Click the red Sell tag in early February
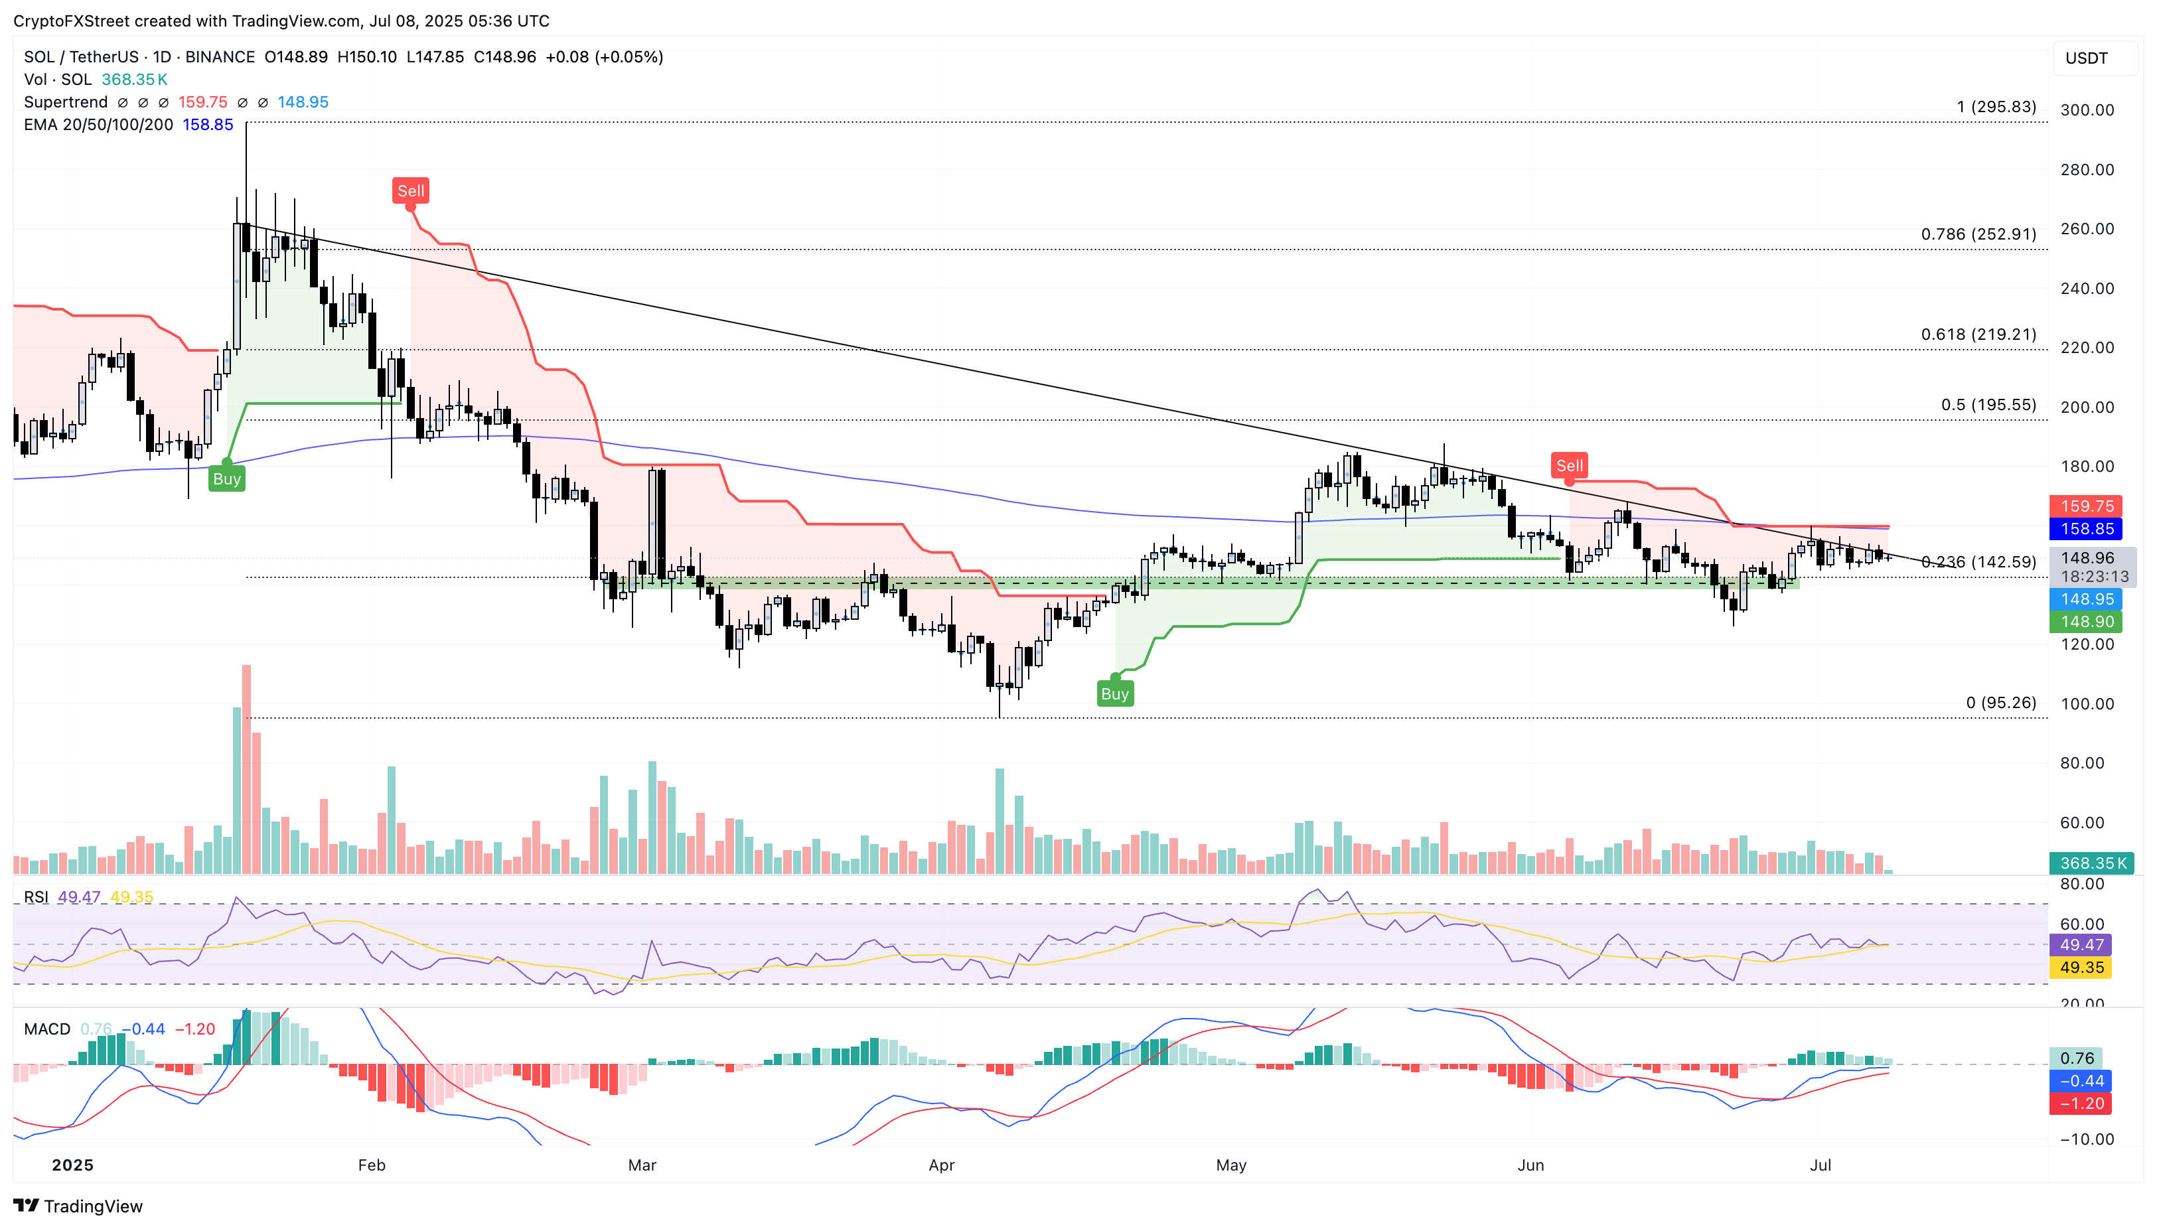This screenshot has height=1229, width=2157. (x=410, y=190)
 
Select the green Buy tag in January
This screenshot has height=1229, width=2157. (x=226, y=478)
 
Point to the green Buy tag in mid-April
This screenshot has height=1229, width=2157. (x=1114, y=694)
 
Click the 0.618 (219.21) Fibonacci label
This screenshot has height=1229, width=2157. (x=1978, y=334)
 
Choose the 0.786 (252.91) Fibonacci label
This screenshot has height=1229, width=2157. (x=1978, y=234)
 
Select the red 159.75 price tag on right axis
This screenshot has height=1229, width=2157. (x=2086, y=506)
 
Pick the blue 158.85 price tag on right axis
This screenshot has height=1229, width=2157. (x=2086, y=528)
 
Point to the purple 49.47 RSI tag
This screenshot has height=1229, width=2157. (x=2081, y=944)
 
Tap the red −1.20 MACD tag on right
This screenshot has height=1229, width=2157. (x=2081, y=1103)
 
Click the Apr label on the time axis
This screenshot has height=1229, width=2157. (x=941, y=1165)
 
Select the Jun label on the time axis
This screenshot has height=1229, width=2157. (x=1530, y=1165)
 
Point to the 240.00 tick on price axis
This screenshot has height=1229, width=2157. (x=2087, y=289)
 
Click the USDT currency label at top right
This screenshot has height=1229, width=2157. (x=2086, y=58)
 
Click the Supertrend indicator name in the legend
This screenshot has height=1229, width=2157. (x=66, y=102)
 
